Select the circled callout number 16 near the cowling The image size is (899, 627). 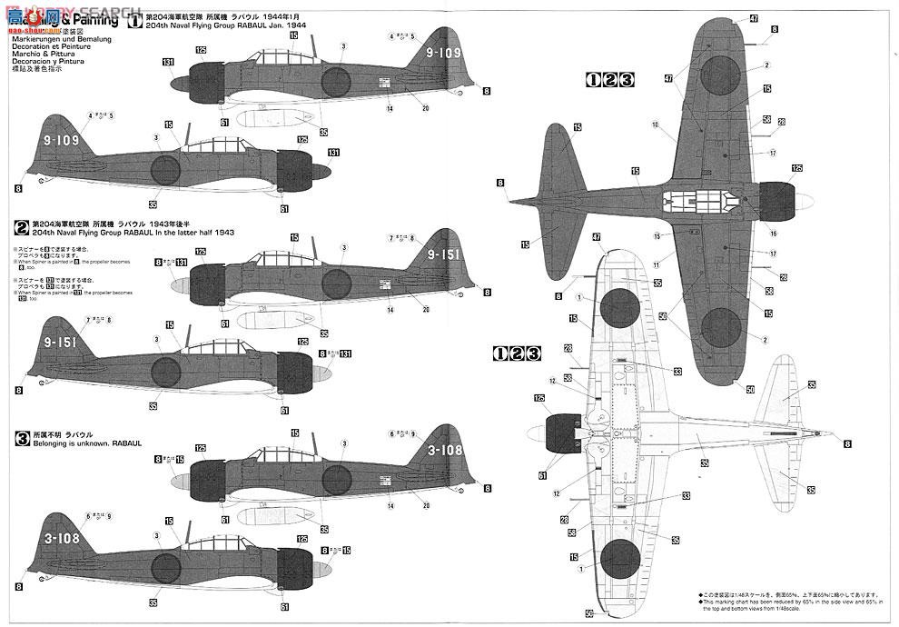click(x=748, y=221)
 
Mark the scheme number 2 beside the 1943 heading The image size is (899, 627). click(x=21, y=223)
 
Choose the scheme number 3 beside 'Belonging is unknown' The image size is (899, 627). click(x=21, y=436)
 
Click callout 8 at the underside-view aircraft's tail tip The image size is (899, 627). click(x=846, y=443)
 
